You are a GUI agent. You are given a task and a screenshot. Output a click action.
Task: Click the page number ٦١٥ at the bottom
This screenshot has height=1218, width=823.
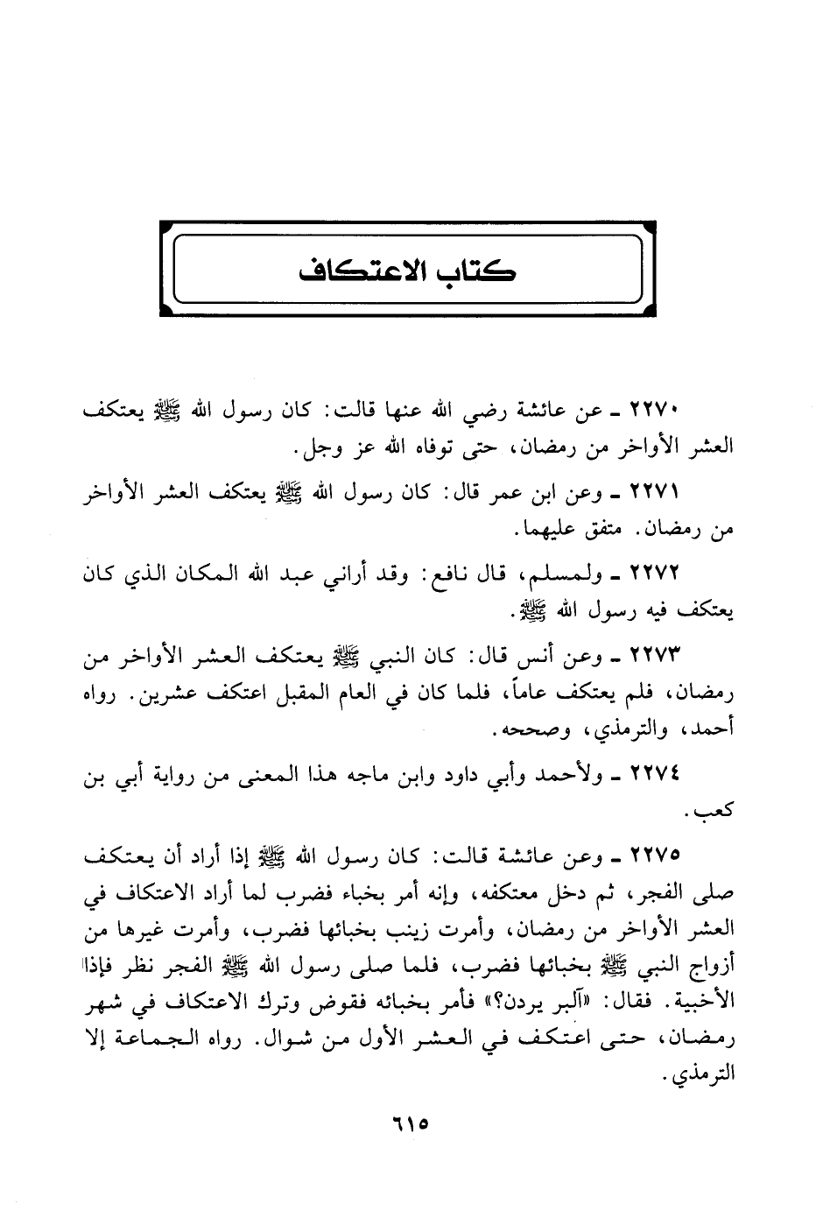411,1122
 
